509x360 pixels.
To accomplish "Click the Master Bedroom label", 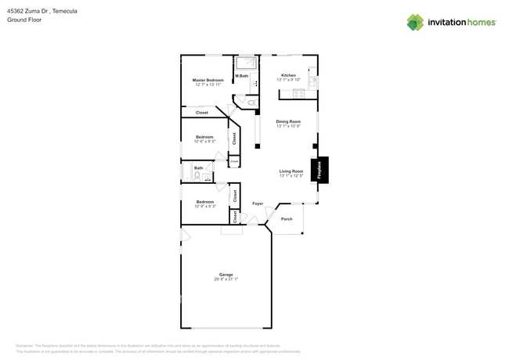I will (x=208, y=80).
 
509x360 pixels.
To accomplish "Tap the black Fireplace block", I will (x=319, y=170).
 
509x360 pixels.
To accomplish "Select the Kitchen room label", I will (x=288, y=75).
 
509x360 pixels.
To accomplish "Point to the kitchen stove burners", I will (x=298, y=94).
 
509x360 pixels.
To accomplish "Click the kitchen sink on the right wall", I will (x=312, y=81).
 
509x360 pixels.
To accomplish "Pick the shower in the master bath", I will (x=247, y=63).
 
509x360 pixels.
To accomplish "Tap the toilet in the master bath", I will (x=251, y=102).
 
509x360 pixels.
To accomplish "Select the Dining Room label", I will (x=288, y=121).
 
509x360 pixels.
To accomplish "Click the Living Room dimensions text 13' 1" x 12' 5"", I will (x=291, y=176).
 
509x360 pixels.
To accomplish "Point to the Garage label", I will (x=226, y=275).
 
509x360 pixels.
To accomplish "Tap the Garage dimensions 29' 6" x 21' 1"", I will (x=226, y=279).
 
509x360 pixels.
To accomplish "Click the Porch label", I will (x=287, y=219).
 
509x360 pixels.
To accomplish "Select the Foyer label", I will (x=257, y=203).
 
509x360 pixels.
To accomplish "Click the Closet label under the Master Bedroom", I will (x=202, y=113).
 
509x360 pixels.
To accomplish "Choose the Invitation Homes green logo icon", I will (x=415, y=22).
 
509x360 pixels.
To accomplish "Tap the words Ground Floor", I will (x=24, y=20).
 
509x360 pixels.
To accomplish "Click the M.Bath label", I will (x=241, y=76).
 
